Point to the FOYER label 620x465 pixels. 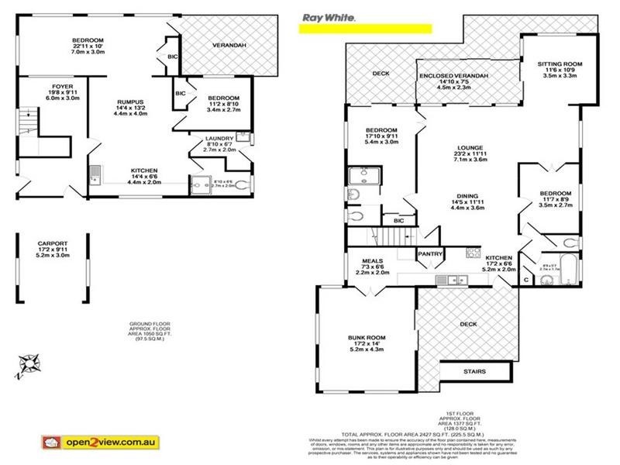(x=40, y=87)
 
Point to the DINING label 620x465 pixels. (x=467, y=196)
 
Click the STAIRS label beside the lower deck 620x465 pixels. (x=474, y=372)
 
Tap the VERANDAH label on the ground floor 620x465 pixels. (x=229, y=46)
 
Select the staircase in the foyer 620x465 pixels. (x=28, y=124)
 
